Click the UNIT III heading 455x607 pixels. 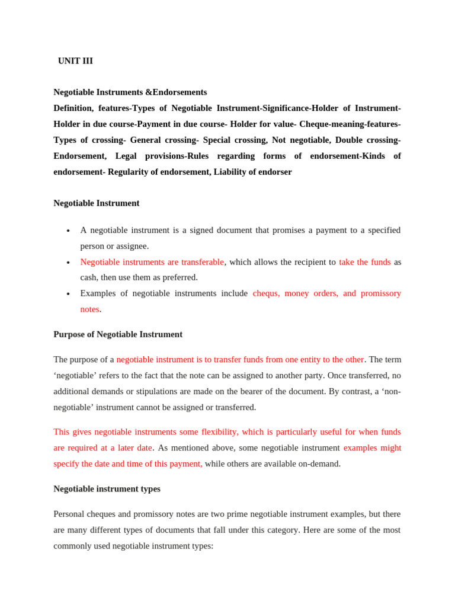click(75, 61)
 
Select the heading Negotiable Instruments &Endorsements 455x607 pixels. click(130, 92)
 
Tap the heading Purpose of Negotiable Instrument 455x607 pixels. click(118, 334)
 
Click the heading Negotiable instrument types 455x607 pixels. click(107, 489)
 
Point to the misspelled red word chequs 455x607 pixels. click(266, 293)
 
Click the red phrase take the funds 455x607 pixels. click(364, 262)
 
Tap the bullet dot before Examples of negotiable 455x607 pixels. click(69, 294)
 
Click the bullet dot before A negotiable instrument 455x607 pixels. click(69, 231)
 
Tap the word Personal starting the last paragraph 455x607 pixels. click(70, 514)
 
